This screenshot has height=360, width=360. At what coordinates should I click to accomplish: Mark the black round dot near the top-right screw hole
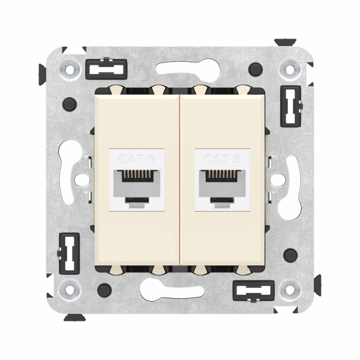tap(257, 67)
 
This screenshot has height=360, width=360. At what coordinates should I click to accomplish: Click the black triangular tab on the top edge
tap(282, 42)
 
